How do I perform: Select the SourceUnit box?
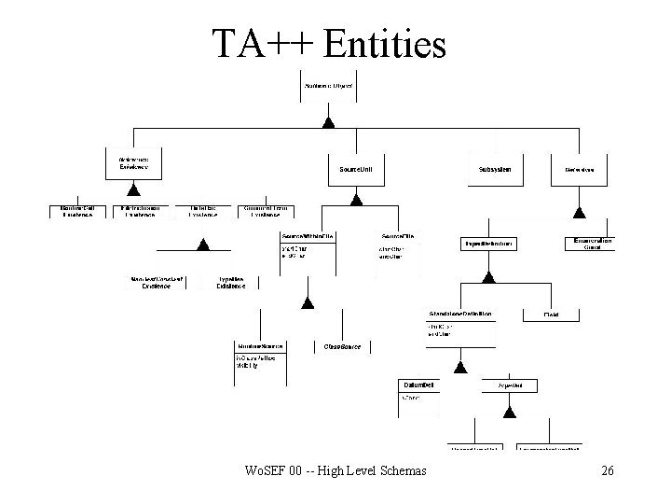[x=355, y=170]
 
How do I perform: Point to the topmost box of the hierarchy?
[x=328, y=87]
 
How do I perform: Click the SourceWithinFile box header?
[x=307, y=237]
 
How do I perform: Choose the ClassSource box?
[x=342, y=346]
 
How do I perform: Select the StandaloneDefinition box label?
[x=460, y=313]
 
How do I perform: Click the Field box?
[x=551, y=315]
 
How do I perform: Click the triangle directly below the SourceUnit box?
[x=355, y=198]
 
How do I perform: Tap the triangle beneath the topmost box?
[x=328, y=121]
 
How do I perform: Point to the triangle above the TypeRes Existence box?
[x=200, y=244]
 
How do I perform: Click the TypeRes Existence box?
[x=230, y=283]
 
